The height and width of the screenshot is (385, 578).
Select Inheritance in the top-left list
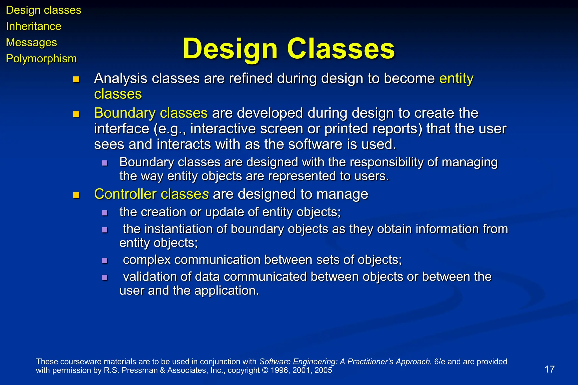tap(33, 26)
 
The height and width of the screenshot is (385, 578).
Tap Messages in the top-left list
tap(31, 42)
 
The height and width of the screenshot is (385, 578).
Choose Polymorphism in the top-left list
tap(41, 59)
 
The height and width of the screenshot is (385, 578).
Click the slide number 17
tap(549, 369)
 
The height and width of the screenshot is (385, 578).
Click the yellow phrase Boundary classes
tap(151, 113)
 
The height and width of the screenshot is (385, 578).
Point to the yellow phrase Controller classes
tap(151, 194)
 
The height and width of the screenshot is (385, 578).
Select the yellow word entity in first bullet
tap(456, 78)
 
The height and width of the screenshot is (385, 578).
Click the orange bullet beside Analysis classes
tap(76, 80)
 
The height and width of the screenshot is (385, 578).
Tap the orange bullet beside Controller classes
tap(76, 195)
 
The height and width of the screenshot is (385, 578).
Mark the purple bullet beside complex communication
tap(105, 261)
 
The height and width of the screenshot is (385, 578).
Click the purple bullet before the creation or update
tap(105, 213)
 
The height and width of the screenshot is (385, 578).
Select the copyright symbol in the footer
tap(265, 370)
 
